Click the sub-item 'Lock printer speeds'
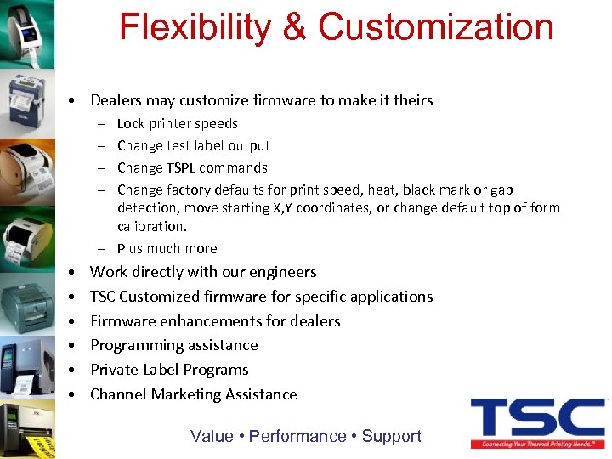tap(177, 123)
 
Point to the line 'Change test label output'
tap(193, 145)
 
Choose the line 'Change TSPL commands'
tap(192, 167)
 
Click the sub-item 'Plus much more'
tap(167, 248)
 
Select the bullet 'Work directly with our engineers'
tap(203, 272)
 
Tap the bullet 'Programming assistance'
tap(173, 345)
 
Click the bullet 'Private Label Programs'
tap(169, 370)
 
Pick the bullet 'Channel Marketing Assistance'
tap(193, 394)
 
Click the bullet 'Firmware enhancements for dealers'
tap(215, 321)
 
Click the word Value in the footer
tap(212, 436)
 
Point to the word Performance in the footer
tap(297, 436)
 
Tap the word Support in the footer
tap(391, 436)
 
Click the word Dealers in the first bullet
tap(116, 100)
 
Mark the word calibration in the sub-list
tap(151, 226)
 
